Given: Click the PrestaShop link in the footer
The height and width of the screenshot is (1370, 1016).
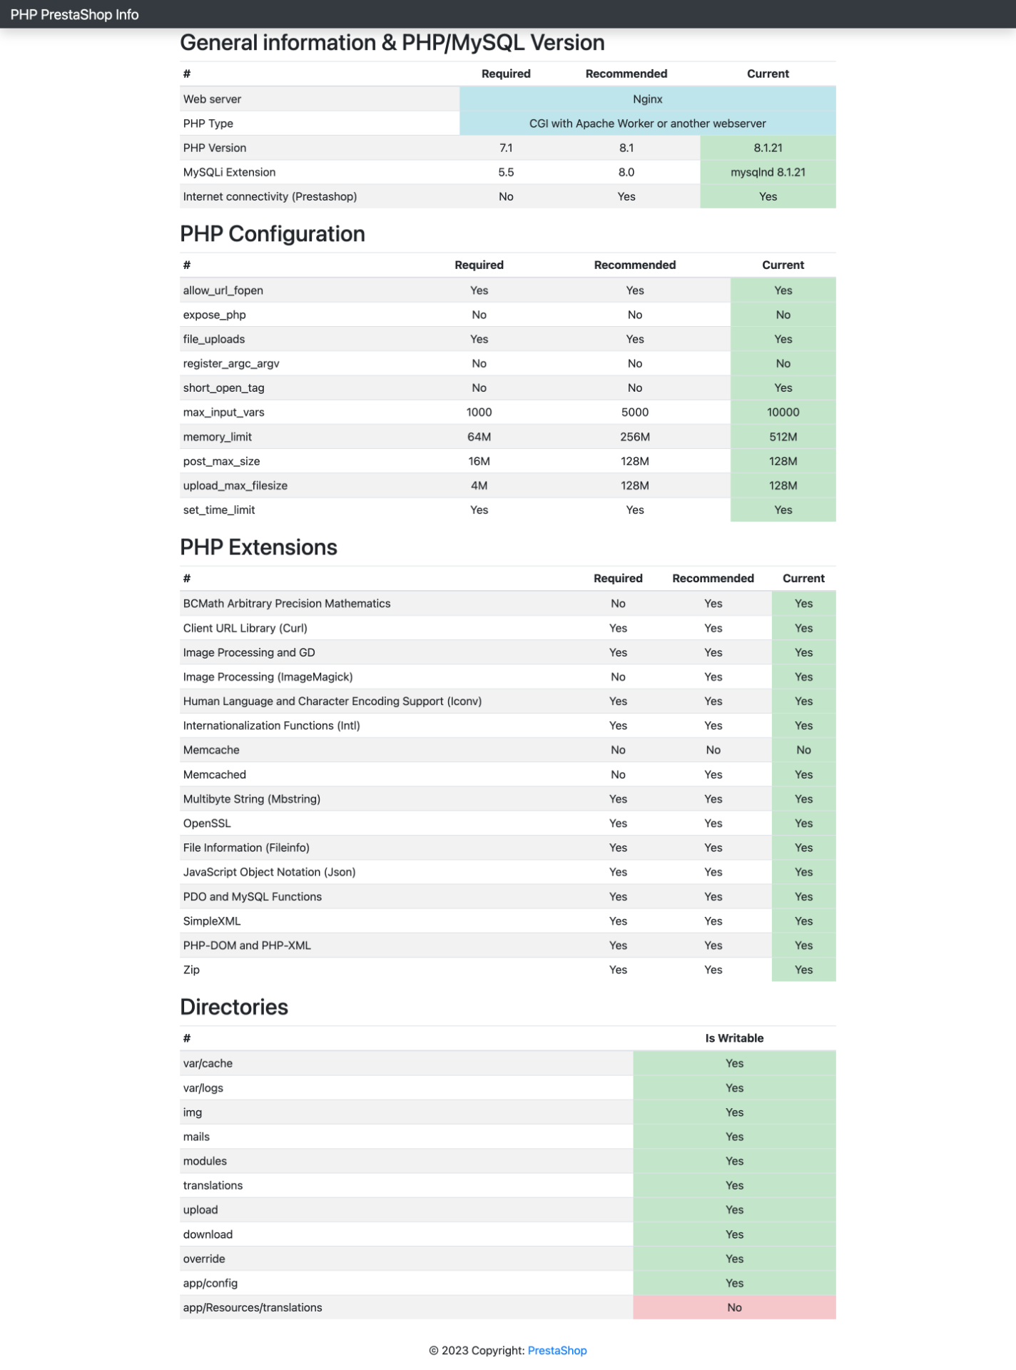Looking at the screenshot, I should click(557, 1350).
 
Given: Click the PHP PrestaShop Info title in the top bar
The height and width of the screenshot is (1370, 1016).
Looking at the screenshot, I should click(74, 14).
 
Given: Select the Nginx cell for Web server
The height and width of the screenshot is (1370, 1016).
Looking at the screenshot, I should click(647, 99).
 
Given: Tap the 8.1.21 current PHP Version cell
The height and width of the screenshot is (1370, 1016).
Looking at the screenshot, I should click(768, 148).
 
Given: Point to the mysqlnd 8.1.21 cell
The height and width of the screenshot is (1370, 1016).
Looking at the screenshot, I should click(768, 172).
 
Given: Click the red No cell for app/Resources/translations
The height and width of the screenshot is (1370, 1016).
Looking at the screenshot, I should click(734, 1307).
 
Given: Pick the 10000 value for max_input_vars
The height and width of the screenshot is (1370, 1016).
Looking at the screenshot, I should click(783, 412).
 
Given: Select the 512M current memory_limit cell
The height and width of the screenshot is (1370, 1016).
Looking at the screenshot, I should click(783, 437).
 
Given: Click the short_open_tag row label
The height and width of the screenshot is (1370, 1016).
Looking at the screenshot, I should click(223, 388).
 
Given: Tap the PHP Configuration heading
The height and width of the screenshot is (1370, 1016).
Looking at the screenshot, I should click(273, 234).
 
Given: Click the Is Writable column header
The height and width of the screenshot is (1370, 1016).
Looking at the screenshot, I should click(734, 1038).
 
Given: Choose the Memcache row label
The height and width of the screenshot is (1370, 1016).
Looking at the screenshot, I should click(211, 750).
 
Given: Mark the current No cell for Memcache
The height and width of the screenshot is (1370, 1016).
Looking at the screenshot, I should click(803, 750).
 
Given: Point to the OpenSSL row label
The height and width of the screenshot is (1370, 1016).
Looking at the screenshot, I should click(207, 823).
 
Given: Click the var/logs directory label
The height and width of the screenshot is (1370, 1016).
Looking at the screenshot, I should click(203, 1087).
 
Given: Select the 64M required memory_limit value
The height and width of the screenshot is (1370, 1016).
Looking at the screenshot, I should click(479, 437).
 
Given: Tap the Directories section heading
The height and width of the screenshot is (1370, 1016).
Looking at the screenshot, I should click(234, 1007).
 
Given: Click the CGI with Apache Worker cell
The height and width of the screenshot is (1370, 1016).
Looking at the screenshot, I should click(647, 123).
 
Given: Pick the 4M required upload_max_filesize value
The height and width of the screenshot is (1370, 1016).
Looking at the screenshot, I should click(479, 486).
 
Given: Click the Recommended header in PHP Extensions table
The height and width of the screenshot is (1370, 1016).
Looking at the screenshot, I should click(713, 578).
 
